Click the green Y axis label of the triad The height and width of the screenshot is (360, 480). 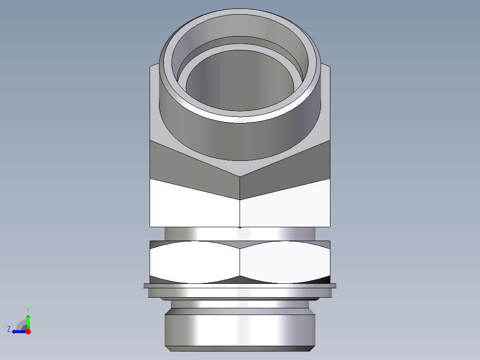click(x=28, y=309)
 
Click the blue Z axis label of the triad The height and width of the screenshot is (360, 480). click(x=9, y=329)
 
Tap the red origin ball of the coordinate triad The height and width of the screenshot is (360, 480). click(x=28, y=331)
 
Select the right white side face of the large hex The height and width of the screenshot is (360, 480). click(x=285, y=205)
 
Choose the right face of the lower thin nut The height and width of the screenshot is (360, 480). click(x=285, y=263)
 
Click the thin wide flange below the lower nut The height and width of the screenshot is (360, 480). click(x=240, y=286)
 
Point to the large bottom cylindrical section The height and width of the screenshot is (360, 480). click(x=240, y=330)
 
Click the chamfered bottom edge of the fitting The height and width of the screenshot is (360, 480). click(x=240, y=348)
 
